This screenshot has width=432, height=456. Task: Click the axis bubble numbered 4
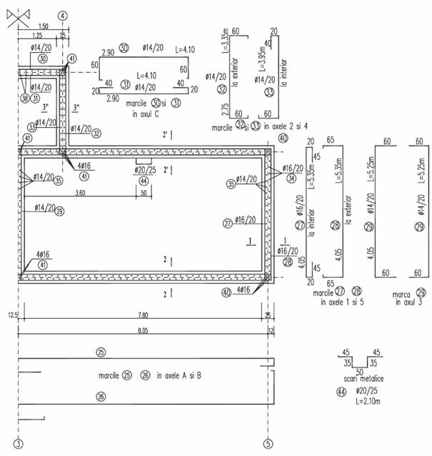click(x=63, y=14)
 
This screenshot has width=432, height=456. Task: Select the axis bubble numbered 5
click(x=268, y=442)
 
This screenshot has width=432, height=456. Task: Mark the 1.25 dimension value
click(x=37, y=34)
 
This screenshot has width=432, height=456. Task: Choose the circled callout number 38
click(x=26, y=98)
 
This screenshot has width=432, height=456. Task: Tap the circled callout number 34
click(x=291, y=178)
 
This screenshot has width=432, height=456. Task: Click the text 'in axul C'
click(x=146, y=113)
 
